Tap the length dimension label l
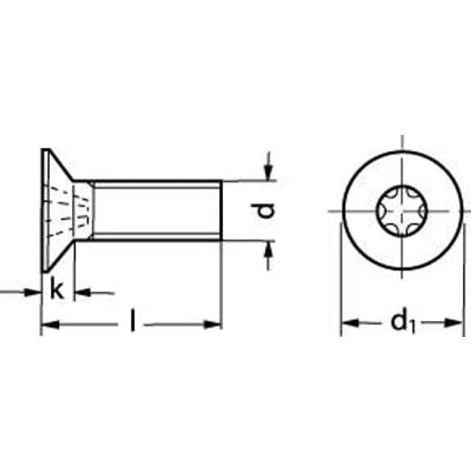click(x=132, y=322)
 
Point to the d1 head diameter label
click(x=400, y=322)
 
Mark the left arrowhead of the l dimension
click(x=47, y=324)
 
